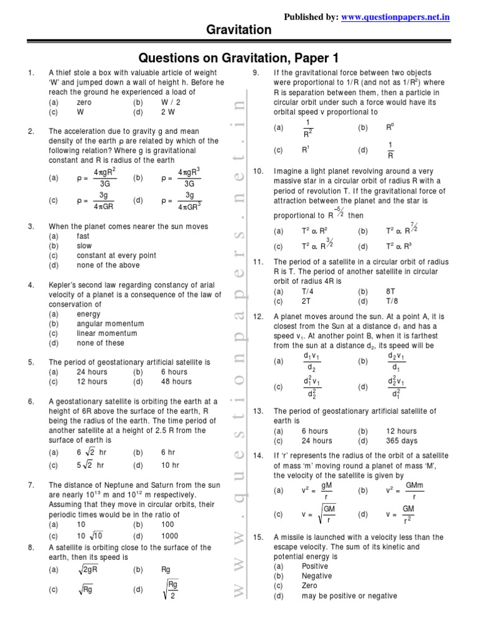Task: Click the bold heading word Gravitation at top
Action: pyautogui.click(x=239, y=30)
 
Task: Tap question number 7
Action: pyautogui.click(x=31, y=485)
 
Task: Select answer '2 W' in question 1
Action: pyautogui.click(x=168, y=113)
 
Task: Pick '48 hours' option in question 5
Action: pyautogui.click(x=177, y=381)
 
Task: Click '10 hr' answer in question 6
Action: pyautogui.click(x=170, y=465)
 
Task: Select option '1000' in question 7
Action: pyautogui.click(x=169, y=536)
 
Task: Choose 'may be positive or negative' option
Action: pyautogui.click(x=349, y=595)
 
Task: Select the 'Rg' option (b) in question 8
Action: pyautogui.click(x=166, y=569)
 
